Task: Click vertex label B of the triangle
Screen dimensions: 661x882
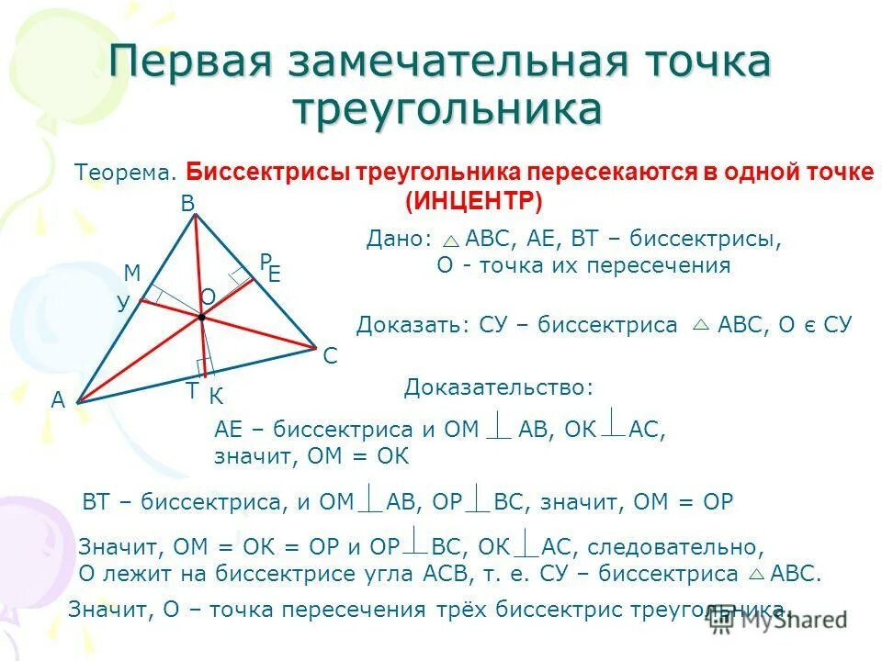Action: point(187,204)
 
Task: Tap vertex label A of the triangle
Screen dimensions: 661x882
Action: point(58,399)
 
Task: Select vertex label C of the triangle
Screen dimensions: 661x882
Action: point(330,356)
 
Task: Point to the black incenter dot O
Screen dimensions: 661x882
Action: point(200,317)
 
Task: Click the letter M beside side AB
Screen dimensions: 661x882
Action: point(131,273)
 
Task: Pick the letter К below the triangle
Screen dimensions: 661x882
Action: point(216,397)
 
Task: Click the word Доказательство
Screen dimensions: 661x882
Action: point(498,387)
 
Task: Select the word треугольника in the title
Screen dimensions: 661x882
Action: point(447,108)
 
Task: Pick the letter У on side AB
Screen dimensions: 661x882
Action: point(123,304)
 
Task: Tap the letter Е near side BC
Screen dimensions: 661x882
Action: point(273,274)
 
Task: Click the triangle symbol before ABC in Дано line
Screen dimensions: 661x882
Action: point(450,241)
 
